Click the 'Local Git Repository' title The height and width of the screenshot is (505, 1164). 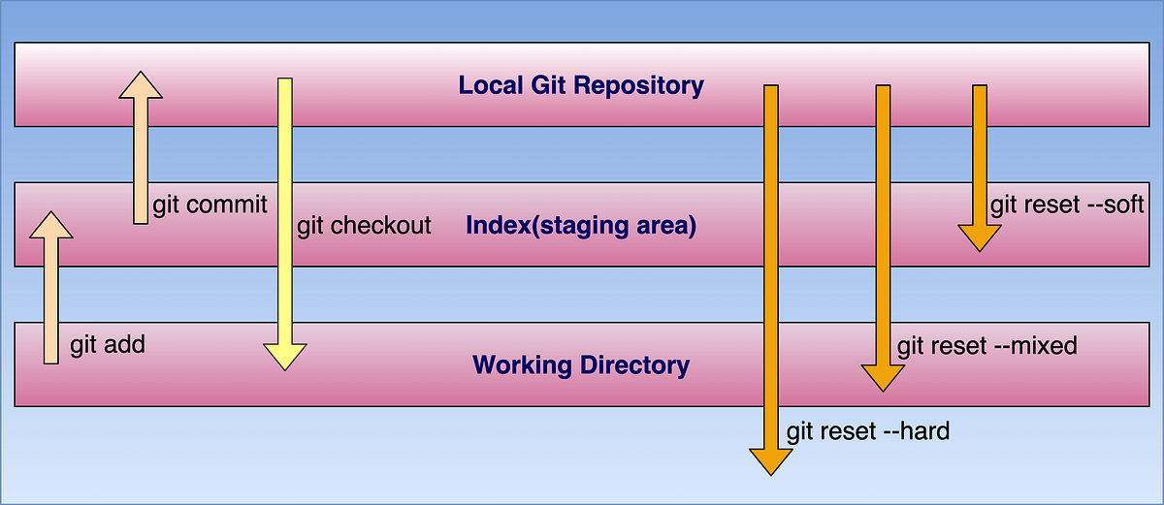tap(581, 85)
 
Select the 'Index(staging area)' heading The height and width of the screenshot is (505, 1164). tap(581, 226)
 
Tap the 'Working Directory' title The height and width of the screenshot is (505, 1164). tap(581, 365)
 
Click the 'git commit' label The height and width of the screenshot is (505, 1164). tap(210, 205)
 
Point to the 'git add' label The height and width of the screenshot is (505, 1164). tap(108, 344)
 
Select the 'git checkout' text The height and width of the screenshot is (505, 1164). tap(364, 226)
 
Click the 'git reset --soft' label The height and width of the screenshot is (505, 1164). tap(1067, 205)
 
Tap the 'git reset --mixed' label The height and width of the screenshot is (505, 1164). tap(986, 345)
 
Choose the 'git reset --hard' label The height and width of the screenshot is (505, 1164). tap(867, 430)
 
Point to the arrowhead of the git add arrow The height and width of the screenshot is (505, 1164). tap(51, 225)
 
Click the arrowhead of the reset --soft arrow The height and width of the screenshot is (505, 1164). tap(980, 238)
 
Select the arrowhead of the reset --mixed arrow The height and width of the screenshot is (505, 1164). tap(883, 377)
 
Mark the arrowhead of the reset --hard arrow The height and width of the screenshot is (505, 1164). tap(771, 461)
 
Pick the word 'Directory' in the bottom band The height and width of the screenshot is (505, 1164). tap(638, 365)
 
